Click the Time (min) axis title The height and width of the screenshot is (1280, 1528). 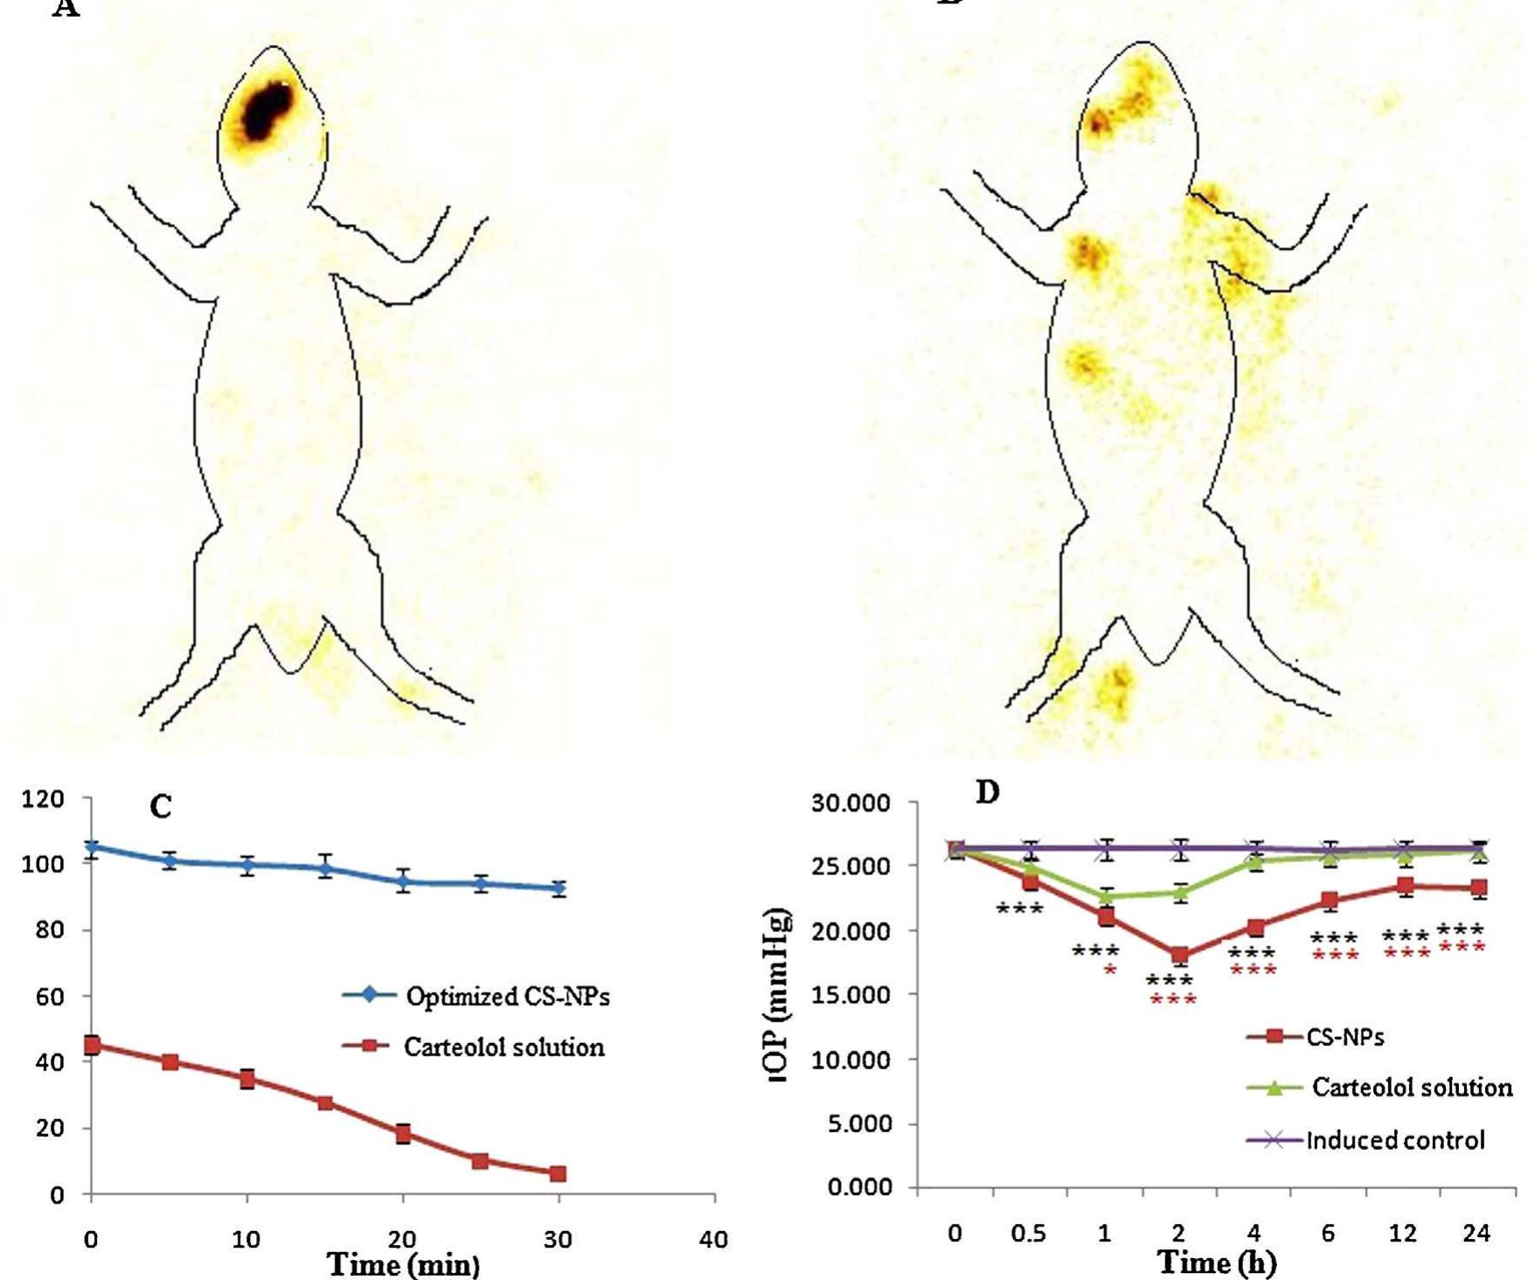(403, 1264)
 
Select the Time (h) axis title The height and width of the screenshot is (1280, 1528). (1216, 1262)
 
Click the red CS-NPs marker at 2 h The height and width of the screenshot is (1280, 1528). (1179, 956)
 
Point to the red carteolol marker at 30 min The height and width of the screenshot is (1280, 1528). (558, 1173)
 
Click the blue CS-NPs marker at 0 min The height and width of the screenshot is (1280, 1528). (92, 847)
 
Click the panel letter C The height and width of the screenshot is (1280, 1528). (161, 806)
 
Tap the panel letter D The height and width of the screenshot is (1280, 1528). (987, 793)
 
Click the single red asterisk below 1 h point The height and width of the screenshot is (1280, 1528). (1109, 970)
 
